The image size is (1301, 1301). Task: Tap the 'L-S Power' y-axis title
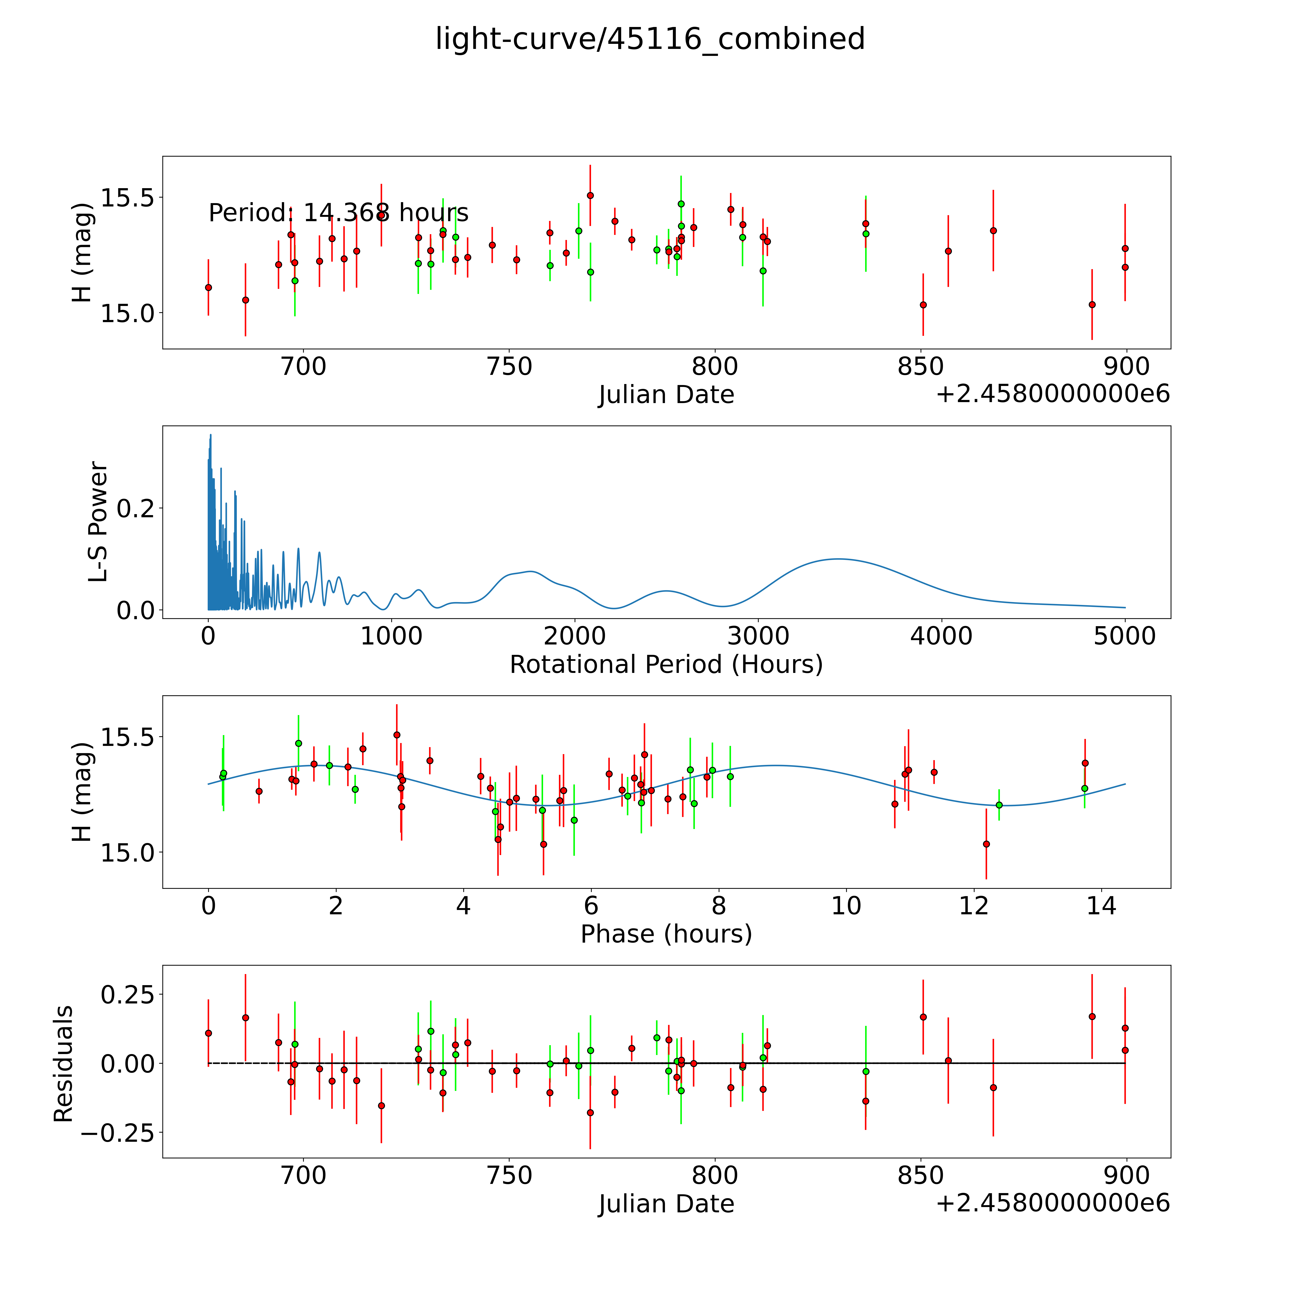click(x=98, y=522)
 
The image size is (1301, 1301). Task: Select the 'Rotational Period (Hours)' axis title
click(x=666, y=665)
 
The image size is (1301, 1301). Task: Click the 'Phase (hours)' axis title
click(x=666, y=934)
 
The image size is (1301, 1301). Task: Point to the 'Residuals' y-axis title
click(x=63, y=1064)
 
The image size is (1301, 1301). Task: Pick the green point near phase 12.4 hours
click(x=999, y=805)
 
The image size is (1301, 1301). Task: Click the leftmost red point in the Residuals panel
click(x=208, y=1033)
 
